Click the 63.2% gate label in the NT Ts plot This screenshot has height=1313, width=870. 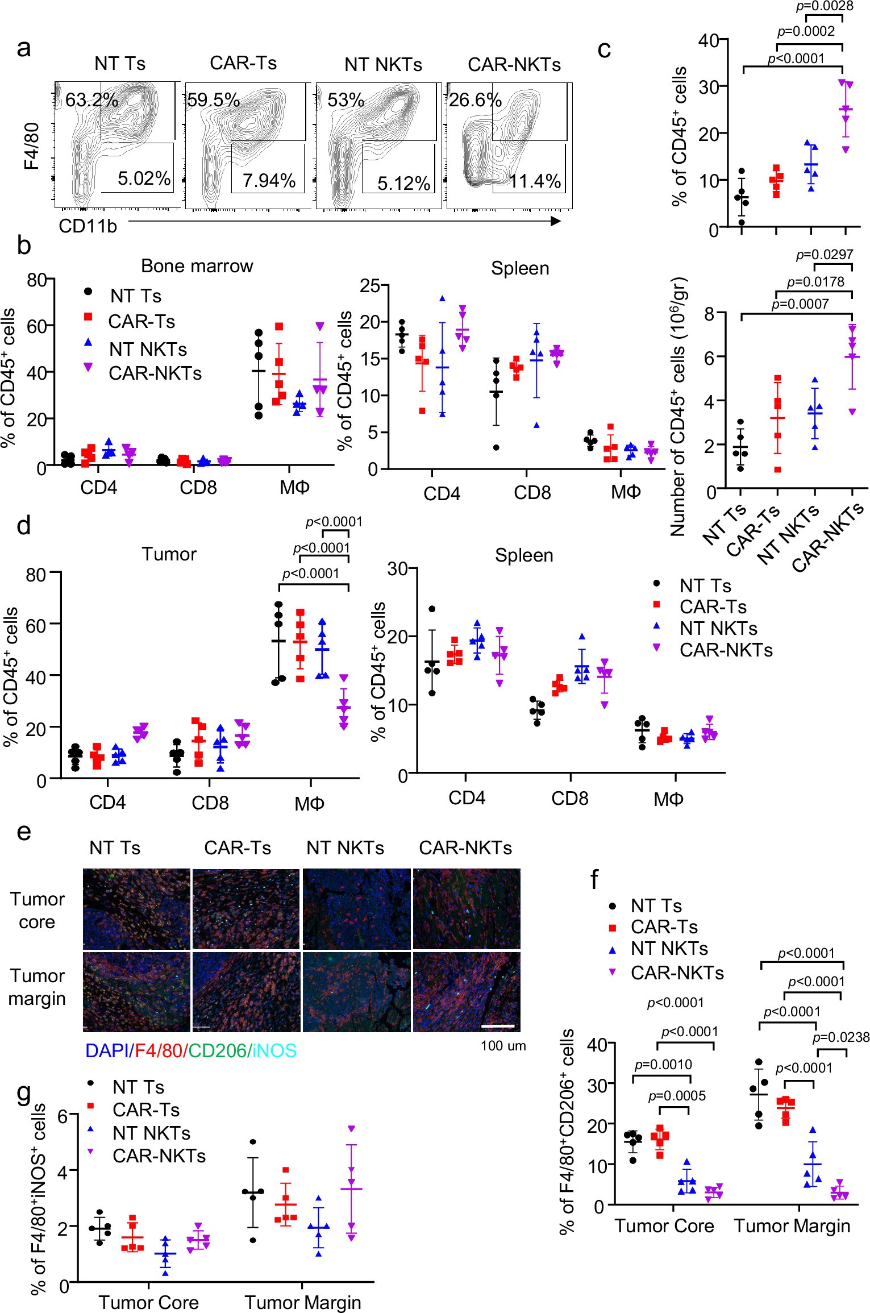click(91, 100)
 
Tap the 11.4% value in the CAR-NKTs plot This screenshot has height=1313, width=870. click(535, 181)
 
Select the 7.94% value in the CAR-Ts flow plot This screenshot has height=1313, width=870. click(269, 181)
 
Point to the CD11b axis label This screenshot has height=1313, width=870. click(88, 226)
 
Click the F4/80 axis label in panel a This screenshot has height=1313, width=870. click(32, 146)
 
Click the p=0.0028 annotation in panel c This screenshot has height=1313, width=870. click(825, 6)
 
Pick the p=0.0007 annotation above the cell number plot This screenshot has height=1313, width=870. click(800, 304)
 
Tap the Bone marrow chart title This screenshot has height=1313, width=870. click(197, 266)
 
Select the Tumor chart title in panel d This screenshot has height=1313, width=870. click(169, 554)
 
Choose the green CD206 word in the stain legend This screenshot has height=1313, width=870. click(217, 1050)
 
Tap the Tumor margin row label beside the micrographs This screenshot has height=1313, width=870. click(37, 987)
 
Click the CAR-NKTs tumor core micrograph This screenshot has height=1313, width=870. click(467, 908)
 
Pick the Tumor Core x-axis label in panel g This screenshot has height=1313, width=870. click(149, 1302)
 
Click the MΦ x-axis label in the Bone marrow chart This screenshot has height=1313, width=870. click(294, 488)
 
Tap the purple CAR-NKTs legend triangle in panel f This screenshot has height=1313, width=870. click(613, 972)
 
